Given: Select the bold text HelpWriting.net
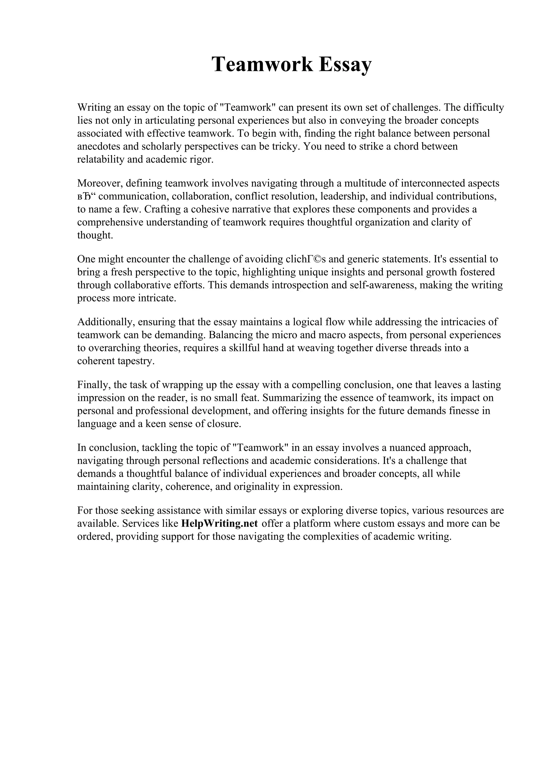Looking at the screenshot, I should coord(219,523).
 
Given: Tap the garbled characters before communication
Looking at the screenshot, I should coord(87,196).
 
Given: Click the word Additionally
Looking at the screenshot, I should coord(106,322).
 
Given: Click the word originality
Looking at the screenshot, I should coord(257,486).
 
